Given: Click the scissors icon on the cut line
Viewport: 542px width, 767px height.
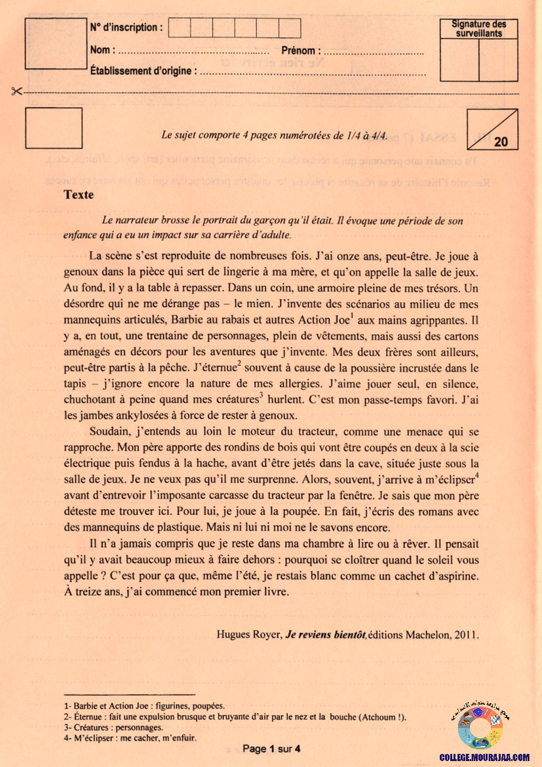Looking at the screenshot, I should point(17,92).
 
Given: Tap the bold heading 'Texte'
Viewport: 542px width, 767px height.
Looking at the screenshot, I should point(79,195).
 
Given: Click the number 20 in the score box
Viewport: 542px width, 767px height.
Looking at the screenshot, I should point(501,142).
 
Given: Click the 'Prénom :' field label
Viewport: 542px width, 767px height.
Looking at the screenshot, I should point(301,50).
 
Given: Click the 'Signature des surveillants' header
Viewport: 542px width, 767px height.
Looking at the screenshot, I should point(479,28).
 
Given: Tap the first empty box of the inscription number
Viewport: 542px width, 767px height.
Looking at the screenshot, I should point(180,28).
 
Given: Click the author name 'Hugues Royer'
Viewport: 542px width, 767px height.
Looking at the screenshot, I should point(248,634).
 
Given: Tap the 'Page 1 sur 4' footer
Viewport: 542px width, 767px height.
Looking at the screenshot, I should point(271,749).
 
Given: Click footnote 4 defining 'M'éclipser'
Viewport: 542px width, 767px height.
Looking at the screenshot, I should point(131,737).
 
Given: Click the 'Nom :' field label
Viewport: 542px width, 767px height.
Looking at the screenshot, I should point(103,50).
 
